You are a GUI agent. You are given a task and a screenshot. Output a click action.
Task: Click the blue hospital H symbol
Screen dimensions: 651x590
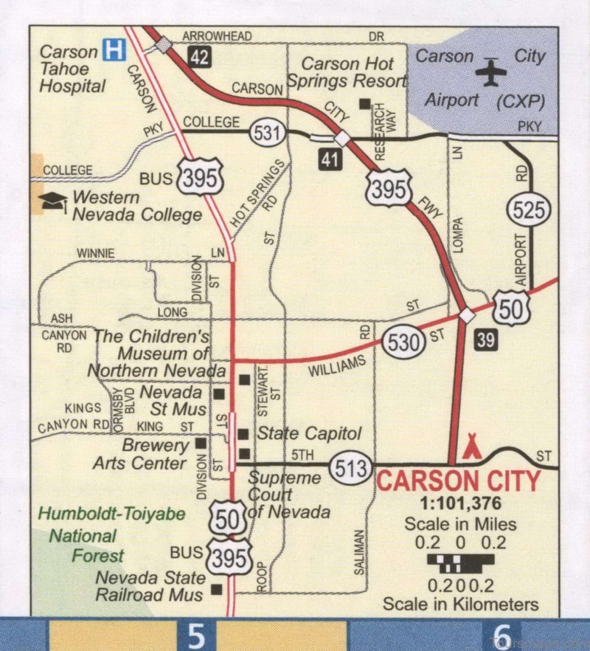[114, 50]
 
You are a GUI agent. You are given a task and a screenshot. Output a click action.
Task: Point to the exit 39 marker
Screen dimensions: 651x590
[485, 340]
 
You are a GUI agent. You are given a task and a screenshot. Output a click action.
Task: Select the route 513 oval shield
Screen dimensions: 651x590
[351, 467]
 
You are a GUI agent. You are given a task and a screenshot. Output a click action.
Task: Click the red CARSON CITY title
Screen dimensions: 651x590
[459, 481]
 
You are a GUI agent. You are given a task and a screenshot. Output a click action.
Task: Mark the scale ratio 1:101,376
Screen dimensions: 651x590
[460, 505]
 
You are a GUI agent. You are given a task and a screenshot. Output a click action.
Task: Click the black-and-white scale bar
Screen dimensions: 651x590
[460, 564]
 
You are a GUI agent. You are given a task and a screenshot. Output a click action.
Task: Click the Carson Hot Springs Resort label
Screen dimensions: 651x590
[347, 72]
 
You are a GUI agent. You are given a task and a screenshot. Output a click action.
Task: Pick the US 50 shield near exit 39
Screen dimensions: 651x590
[510, 309]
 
